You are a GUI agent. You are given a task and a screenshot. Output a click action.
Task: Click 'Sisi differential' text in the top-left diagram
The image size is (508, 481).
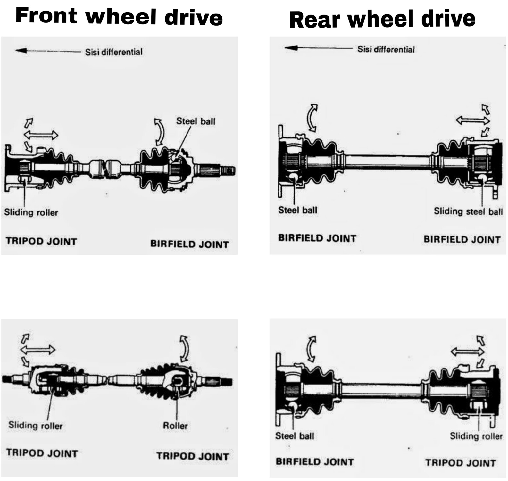coord(114,52)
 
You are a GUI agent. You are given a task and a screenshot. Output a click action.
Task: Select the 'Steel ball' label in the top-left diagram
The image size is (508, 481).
coord(196,121)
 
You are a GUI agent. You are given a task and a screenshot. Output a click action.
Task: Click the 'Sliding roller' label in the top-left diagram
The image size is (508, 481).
coord(31,212)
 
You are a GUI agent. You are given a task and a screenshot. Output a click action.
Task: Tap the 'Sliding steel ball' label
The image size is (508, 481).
coord(468,211)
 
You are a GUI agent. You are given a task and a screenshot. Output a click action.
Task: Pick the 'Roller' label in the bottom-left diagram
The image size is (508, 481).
coord(175,426)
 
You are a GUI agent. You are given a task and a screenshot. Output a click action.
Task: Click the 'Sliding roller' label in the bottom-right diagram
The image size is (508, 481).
coord(476,436)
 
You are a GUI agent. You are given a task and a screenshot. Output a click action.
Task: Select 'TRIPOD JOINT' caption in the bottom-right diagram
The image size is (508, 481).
coord(460,463)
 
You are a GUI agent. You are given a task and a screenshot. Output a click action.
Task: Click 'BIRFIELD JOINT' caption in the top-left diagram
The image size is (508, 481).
coord(189,244)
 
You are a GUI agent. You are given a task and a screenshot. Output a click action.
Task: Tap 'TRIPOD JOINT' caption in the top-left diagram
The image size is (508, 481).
coord(41,241)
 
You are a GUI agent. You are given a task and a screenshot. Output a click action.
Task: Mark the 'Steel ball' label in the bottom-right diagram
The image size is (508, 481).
coord(295,436)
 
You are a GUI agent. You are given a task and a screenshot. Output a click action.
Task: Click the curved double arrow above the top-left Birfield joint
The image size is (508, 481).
coord(159,132)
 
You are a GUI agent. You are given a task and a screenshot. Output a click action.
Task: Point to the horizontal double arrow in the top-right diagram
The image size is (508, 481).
coord(472,120)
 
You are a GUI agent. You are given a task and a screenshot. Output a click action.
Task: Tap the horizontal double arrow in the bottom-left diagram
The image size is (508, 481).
coord(38,349)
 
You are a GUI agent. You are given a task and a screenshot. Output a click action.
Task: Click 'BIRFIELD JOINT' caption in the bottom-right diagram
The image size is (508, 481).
coord(315,462)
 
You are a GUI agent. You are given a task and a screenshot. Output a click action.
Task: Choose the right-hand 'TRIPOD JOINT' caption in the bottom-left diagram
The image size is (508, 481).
coord(193,456)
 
